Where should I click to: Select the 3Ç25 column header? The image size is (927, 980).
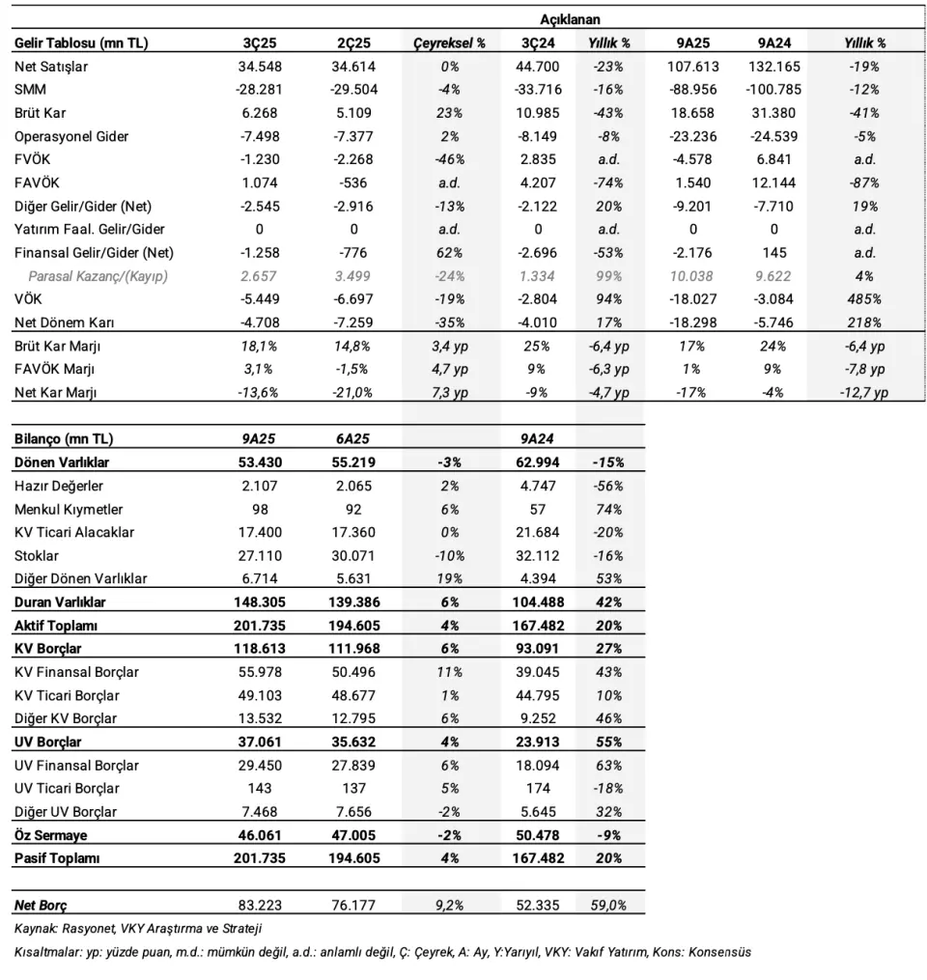258,42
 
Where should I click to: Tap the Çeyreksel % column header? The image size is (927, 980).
449,42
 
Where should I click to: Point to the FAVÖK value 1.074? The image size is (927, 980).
258,182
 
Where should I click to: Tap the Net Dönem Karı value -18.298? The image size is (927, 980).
691,322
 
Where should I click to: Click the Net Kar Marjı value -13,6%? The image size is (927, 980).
258,393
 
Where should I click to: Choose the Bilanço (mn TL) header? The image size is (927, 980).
63,438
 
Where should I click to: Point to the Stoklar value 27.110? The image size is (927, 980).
258,555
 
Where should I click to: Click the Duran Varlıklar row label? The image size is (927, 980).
60,602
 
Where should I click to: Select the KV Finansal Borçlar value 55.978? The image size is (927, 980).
258,672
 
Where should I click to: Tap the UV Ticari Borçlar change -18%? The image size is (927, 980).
609,789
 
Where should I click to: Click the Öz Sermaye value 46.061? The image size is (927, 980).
258,835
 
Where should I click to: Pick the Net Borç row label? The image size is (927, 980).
41,906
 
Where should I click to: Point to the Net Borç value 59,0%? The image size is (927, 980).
609,906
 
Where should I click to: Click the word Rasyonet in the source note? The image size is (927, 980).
88,929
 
